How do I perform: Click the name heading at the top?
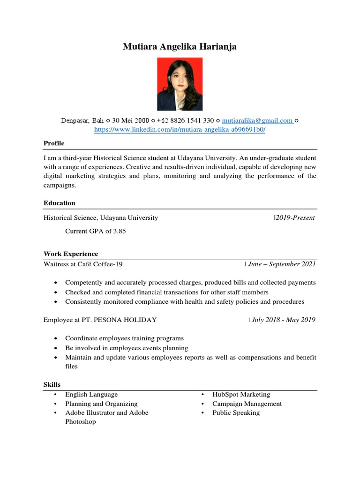tap(180, 46)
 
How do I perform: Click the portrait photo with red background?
tap(180, 84)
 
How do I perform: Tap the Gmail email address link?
tap(257, 120)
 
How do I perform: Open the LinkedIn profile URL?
tap(180, 129)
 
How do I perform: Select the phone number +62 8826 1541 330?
tap(185, 120)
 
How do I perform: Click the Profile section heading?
tap(54, 143)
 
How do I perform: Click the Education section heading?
tap(59, 203)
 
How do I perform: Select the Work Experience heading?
tap(71, 254)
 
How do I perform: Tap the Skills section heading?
tap(52, 384)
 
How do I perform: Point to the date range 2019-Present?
tap(295, 217)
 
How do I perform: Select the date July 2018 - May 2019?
tap(283, 320)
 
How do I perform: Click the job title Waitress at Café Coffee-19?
tap(83, 264)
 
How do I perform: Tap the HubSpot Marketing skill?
tap(241, 394)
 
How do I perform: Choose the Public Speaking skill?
tap(236, 412)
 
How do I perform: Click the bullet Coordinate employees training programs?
tap(124, 338)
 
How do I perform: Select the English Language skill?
tap(91, 394)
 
